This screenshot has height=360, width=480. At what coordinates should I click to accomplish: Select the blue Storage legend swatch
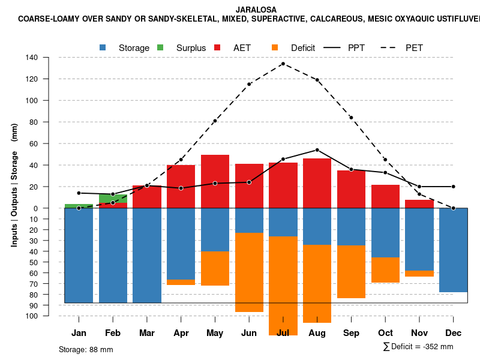104,47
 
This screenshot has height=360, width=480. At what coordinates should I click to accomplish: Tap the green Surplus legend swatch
160,47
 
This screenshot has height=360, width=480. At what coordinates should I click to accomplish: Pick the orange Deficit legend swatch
275,47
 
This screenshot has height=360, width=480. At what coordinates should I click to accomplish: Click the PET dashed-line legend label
414,47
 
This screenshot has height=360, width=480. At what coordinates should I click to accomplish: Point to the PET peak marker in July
283,64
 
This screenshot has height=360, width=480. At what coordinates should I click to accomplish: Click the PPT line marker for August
317,150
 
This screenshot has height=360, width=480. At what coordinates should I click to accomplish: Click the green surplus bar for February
113,198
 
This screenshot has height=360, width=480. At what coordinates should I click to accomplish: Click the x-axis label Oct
385,333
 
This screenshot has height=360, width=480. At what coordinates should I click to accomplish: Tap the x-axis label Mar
147,333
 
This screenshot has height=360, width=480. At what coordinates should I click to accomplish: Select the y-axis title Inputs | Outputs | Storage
14,185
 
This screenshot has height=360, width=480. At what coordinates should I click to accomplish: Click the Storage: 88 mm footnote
86,349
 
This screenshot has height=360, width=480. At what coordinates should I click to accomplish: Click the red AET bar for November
419,204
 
